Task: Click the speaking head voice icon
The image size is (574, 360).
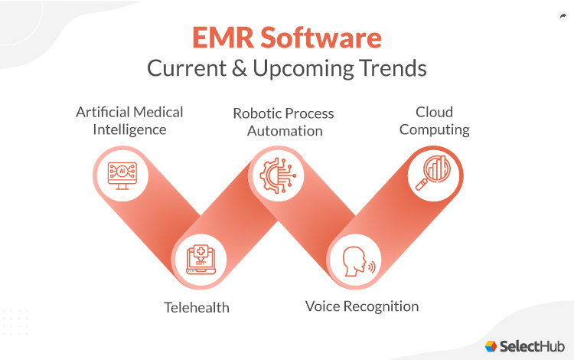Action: pos(356,257)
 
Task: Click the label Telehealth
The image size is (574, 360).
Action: pos(197,307)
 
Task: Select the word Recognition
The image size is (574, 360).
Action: pos(382,307)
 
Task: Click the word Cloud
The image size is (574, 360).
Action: pos(435,112)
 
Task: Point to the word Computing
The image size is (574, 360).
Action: pos(435,129)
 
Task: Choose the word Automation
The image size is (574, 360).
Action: pos(283,131)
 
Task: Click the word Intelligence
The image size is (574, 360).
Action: pos(129,129)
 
